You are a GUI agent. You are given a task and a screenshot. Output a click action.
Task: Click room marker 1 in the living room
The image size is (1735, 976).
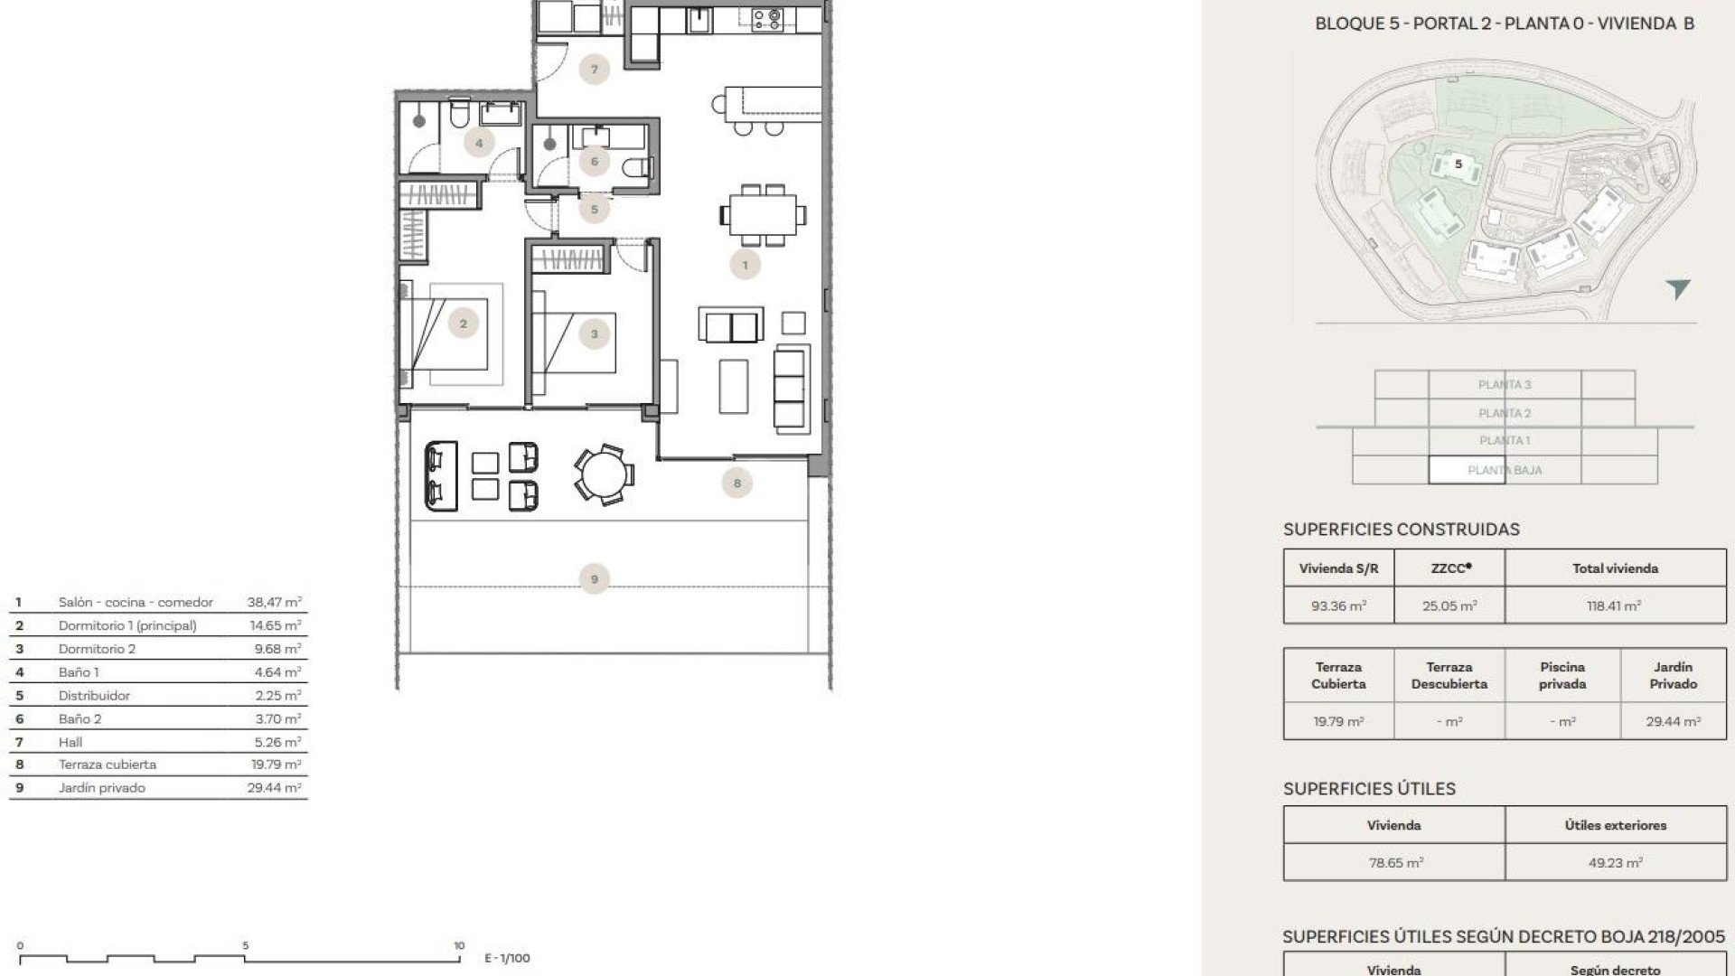click(x=745, y=265)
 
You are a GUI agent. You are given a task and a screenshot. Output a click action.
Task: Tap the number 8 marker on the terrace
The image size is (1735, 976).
click(x=736, y=483)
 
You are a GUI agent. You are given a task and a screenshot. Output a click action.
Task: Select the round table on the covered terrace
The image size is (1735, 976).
click(x=603, y=474)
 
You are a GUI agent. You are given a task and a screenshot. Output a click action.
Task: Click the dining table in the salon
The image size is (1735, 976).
click(x=763, y=215)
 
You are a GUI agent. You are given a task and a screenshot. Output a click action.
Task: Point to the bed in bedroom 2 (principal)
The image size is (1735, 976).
click(x=452, y=334)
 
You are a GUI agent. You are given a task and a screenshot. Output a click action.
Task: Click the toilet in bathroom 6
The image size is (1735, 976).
click(x=638, y=167)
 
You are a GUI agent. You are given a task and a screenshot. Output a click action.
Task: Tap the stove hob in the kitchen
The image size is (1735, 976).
click(x=767, y=18)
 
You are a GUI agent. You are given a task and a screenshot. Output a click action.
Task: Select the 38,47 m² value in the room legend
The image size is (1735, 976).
click(x=274, y=602)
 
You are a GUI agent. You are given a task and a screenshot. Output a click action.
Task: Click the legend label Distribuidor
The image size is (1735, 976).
click(x=94, y=696)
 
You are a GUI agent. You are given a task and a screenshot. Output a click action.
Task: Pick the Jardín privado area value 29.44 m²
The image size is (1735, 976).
click(x=1673, y=722)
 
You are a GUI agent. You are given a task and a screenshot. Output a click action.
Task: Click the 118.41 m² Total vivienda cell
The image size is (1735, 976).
click(x=1614, y=606)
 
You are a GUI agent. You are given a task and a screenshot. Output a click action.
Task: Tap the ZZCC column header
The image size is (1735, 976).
click(x=1449, y=568)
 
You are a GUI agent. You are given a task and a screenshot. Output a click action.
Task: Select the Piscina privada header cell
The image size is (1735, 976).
click(x=1562, y=675)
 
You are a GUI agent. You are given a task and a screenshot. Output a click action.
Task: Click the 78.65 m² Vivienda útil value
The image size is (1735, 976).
click(x=1395, y=863)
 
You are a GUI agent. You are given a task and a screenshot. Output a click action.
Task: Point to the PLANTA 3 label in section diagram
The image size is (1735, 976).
click(x=1505, y=385)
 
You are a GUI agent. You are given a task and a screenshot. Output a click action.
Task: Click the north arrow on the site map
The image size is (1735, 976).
click(x=1678, y=288)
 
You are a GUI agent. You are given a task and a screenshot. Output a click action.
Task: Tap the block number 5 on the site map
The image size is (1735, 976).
click(x=1458, y=164)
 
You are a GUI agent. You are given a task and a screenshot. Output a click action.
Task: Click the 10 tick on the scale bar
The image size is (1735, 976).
click(x=459, y=945)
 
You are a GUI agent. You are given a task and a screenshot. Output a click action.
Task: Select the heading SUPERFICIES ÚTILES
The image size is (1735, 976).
click(x=1369, y=789)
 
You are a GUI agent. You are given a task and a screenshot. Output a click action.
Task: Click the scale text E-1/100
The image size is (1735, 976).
click(x=507, y=958)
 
